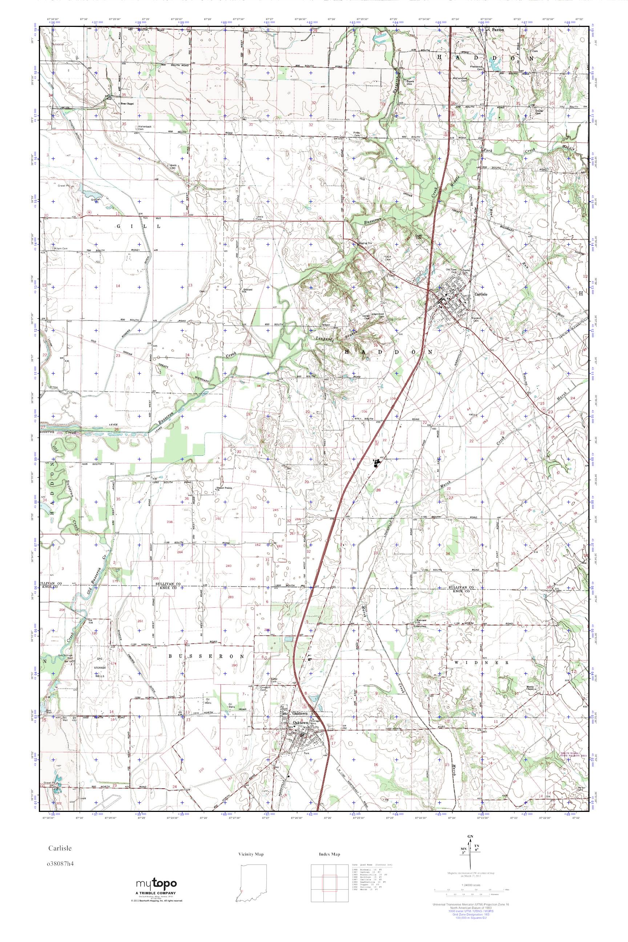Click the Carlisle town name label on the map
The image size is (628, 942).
(481, 294)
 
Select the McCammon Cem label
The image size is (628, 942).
(460, 79)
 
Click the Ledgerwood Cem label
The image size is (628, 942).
(377, 315)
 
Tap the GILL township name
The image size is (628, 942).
(138, 226)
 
